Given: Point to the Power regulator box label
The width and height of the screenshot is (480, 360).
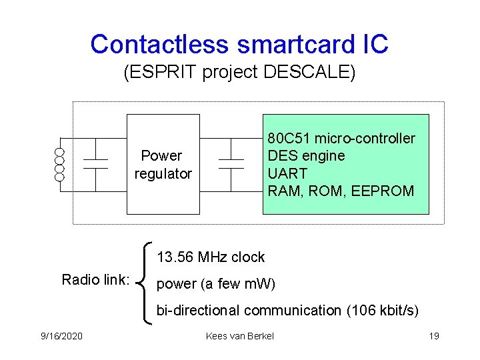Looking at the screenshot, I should (x=163, y=165).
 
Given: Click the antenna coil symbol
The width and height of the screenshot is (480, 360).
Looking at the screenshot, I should (x=59, y=165).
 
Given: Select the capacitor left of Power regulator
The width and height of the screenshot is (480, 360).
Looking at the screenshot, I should (x=95, y=165).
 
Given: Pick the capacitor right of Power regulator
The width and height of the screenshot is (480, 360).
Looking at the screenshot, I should (x=231, y=165).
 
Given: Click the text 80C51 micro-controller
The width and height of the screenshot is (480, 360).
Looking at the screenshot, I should (x=341, y=139).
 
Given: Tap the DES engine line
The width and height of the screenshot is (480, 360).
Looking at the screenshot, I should (x=306, y=156).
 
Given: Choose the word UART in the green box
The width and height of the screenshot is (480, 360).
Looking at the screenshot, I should (x=287, y=173).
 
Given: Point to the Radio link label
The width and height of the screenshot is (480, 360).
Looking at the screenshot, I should (x=95, y=280).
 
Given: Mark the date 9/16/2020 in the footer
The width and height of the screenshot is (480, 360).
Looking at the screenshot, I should (x=61, y=336).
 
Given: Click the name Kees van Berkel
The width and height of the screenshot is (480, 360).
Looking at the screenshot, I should (x=240, y=336).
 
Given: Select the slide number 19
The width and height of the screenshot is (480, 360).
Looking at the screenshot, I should (x=433, y=336).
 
